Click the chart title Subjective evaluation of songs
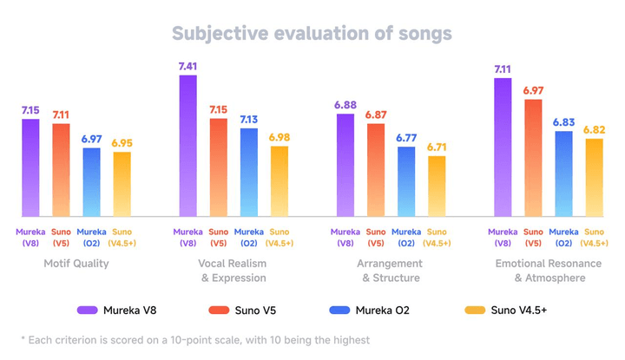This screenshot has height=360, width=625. (x=312, y=33)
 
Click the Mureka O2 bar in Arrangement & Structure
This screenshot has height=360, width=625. (x=406, y=181)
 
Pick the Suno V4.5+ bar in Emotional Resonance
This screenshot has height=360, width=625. (x=595, y=178)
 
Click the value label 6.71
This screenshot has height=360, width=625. (x=437, y=146)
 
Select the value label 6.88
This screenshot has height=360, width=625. (x=345, y=104)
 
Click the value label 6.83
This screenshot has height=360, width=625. (x=563, y=121)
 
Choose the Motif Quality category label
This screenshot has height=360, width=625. (x=76, y=264)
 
